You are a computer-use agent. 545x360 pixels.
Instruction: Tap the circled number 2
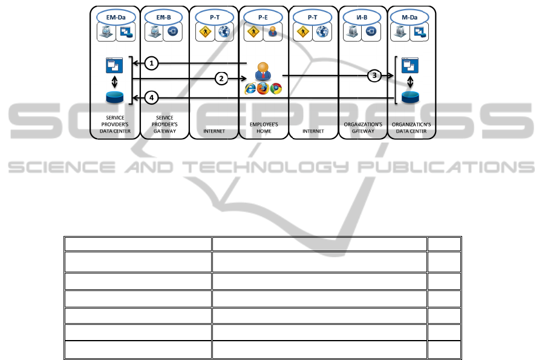[x=221, y=79]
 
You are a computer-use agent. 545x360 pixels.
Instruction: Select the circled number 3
[x=375, y=76]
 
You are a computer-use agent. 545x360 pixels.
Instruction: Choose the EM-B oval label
[x=164, y=18]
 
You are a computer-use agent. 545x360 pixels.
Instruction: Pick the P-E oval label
[x=263, y=18]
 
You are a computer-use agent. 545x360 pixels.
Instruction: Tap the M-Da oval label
[x=411, y=18]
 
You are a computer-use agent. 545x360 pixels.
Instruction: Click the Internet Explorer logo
[x=250, y=89]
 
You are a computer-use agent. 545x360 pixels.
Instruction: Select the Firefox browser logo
[x=263, y=89]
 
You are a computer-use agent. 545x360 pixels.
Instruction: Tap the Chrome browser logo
[x=276, y=89]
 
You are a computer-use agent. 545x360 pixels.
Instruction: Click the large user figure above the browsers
[x=263, y=71]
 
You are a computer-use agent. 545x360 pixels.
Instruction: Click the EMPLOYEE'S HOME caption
[x=263, y=127]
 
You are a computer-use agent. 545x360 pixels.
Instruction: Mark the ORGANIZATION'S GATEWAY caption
[x=362, y=127]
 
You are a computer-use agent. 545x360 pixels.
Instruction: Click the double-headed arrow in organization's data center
[x=411, y=82]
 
